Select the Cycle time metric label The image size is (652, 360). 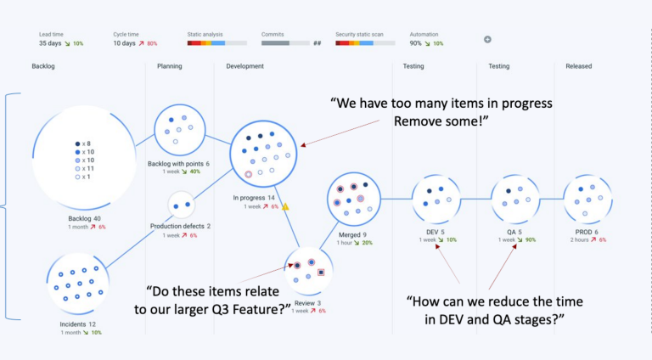tap(126, 34)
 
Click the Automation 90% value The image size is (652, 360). tap(416, 42)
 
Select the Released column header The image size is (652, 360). tap(578, 65)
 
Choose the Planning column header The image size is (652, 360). tap(170, 65)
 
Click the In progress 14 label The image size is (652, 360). tap(254, 198)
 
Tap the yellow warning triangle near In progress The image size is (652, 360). tap(285, 206)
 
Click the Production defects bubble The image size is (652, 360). tap(180, 205)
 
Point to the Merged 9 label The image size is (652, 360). tap(353, 234)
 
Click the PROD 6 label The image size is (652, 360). tap(585, 232)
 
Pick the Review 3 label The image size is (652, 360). tap(308, 302)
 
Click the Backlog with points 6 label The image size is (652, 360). tap(178, 163)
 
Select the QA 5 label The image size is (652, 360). tap(514, 232)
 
